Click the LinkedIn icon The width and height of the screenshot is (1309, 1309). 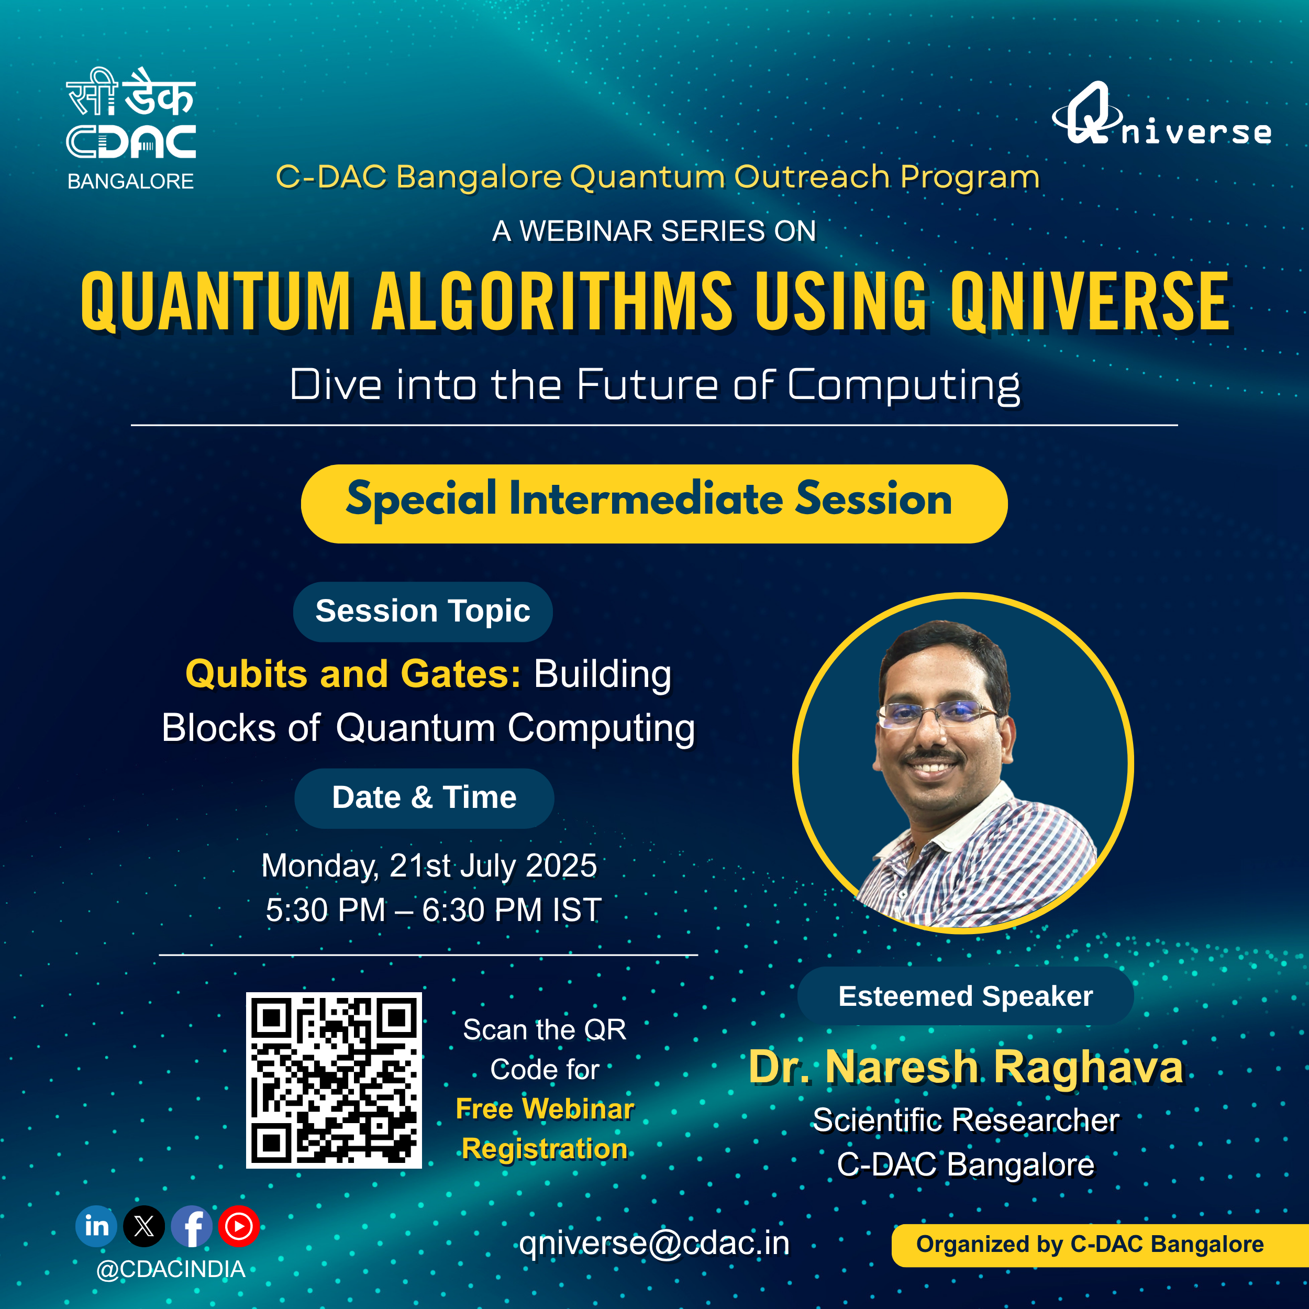96,1226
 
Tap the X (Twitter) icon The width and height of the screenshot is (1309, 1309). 143,1226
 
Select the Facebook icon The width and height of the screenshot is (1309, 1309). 192,1226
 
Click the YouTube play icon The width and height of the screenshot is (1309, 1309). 238,1226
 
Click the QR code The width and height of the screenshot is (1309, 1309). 334,1080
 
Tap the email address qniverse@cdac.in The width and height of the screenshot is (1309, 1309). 654,1243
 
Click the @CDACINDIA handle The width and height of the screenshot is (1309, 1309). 171,1269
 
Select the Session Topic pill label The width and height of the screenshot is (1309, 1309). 423,611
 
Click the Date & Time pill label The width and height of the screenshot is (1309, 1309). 424,797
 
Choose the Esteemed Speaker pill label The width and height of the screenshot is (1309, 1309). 966,996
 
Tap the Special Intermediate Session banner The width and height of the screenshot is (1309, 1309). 654,503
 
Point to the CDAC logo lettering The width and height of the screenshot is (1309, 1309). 131,141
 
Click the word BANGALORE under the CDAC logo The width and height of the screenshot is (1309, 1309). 131,182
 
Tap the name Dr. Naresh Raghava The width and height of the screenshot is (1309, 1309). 966,1067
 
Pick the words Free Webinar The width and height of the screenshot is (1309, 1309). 545,1109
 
